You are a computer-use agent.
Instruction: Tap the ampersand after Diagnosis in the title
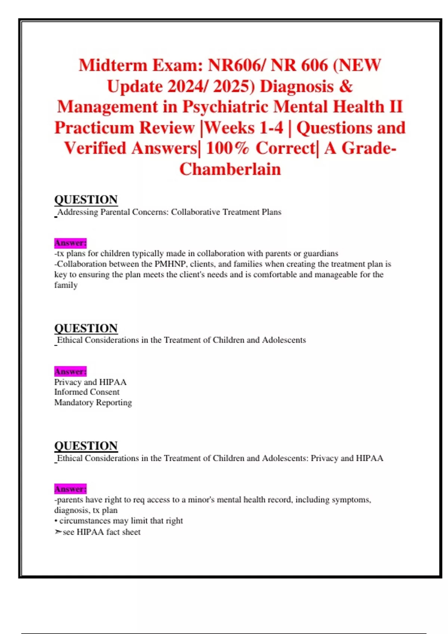click(x=346, y=86)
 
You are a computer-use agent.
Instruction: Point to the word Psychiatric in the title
click(x=225, y=107)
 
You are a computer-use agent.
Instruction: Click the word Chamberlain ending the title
click(x=230, y=169)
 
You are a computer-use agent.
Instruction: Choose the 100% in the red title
click(x=227, y=148)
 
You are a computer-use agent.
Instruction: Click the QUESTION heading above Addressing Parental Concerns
click(x=86, y=200)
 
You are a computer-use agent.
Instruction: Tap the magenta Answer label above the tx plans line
click(x=70, y=243)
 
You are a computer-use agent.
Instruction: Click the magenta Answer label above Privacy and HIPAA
click(x=70, y=371)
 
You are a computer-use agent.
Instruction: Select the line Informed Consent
click(x=87, y=392)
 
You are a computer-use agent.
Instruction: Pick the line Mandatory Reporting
click(x=93, y=402)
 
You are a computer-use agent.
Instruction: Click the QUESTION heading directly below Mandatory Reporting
click(x=86, y=446)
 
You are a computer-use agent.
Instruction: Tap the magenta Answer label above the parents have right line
click(x=70, y=489)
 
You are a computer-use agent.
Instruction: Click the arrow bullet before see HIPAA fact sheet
click(x=58, y=532)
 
